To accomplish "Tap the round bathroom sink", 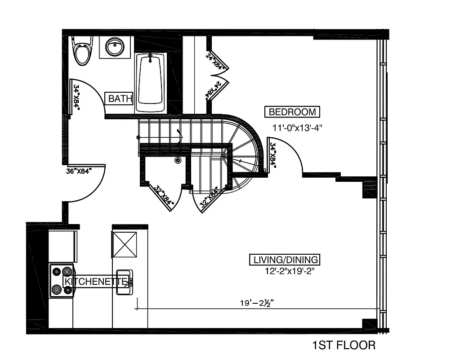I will pos(115,46).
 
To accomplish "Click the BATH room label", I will pos(120,98).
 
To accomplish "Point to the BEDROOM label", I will pos(292,112).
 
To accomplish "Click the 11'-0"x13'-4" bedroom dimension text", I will pos(298,127).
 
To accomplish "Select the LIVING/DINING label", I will pos(285,260).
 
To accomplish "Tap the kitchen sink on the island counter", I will pos(124,282).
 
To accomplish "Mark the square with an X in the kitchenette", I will pos(124,244).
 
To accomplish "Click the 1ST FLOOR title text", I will pos(344,346).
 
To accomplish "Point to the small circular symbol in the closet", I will pos(178,160).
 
